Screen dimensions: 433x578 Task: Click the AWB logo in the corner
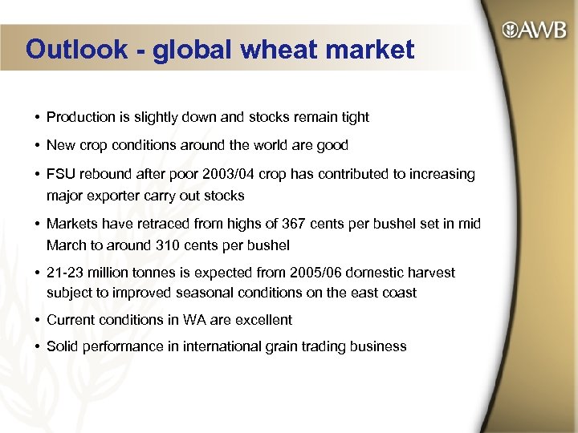pos(535,31)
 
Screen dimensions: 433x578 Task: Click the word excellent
pos(262,320)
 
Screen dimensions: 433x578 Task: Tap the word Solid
pos(63,346)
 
